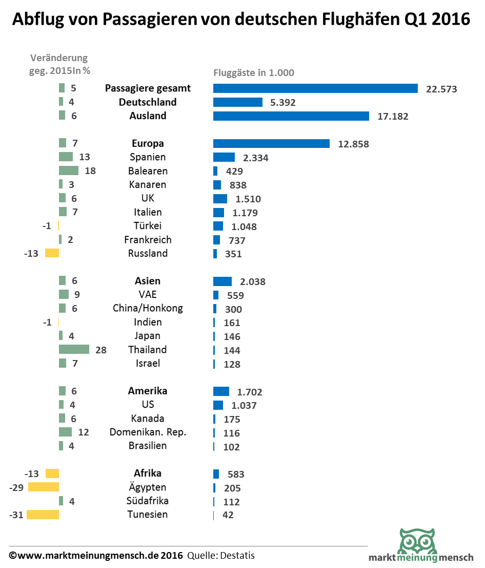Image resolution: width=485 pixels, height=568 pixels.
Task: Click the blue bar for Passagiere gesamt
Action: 315,88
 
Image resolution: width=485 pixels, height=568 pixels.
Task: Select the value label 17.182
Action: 393,117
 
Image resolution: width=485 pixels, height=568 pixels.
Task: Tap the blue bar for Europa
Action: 271,144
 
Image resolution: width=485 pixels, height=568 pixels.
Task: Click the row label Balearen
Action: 148,171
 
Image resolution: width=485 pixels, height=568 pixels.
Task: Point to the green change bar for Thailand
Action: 74,350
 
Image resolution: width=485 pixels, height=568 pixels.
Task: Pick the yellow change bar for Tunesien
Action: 43,515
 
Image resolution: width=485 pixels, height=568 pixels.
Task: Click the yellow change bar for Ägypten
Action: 44,487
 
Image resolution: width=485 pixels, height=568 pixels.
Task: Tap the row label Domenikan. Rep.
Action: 148,432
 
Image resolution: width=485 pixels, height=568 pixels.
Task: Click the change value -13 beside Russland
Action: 31,254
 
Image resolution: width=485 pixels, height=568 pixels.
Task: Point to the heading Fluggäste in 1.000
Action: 254,73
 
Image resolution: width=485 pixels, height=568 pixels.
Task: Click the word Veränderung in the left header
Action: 59,58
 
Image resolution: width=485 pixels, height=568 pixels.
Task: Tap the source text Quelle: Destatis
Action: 221,556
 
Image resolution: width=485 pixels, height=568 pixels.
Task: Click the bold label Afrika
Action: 148,474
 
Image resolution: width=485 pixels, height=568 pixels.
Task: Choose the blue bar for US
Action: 218,405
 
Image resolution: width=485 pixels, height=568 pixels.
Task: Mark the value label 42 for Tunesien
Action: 228,515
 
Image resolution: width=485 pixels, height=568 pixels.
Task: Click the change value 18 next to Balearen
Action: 90,171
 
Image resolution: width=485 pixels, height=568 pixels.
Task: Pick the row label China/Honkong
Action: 148,309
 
